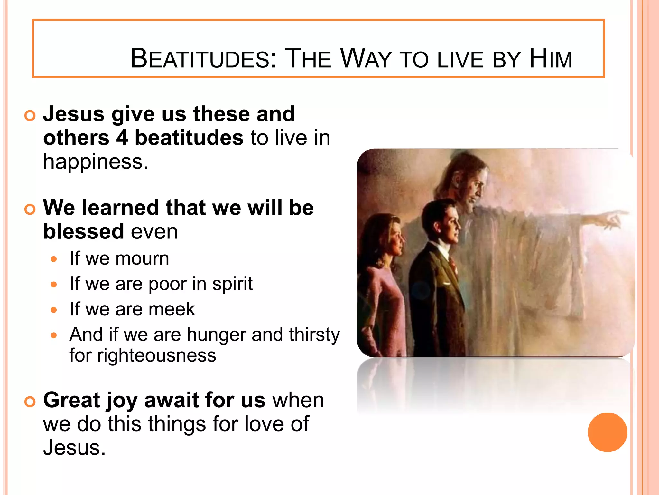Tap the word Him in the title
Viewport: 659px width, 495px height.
point(551,59)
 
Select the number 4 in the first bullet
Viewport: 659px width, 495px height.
point(122,138)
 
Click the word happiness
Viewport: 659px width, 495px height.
point(96,162)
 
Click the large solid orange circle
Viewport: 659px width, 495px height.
point(607,432)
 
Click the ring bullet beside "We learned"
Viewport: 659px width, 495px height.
point(30,209)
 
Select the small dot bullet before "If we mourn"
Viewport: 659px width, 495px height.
point(54,259)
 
